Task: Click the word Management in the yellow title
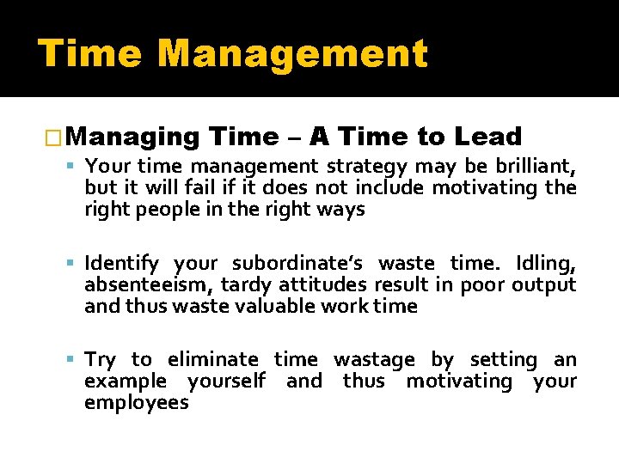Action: coord(292,53)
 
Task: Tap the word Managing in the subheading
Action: coord(132,137)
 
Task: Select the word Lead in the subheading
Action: coord(488,137)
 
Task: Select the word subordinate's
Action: coord(301,263)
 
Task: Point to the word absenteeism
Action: coord(146,284)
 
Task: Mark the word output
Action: coord(543,284)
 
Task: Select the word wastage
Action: coord(374,359)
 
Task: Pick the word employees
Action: coord(136,402)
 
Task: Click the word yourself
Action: coord(226,381)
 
